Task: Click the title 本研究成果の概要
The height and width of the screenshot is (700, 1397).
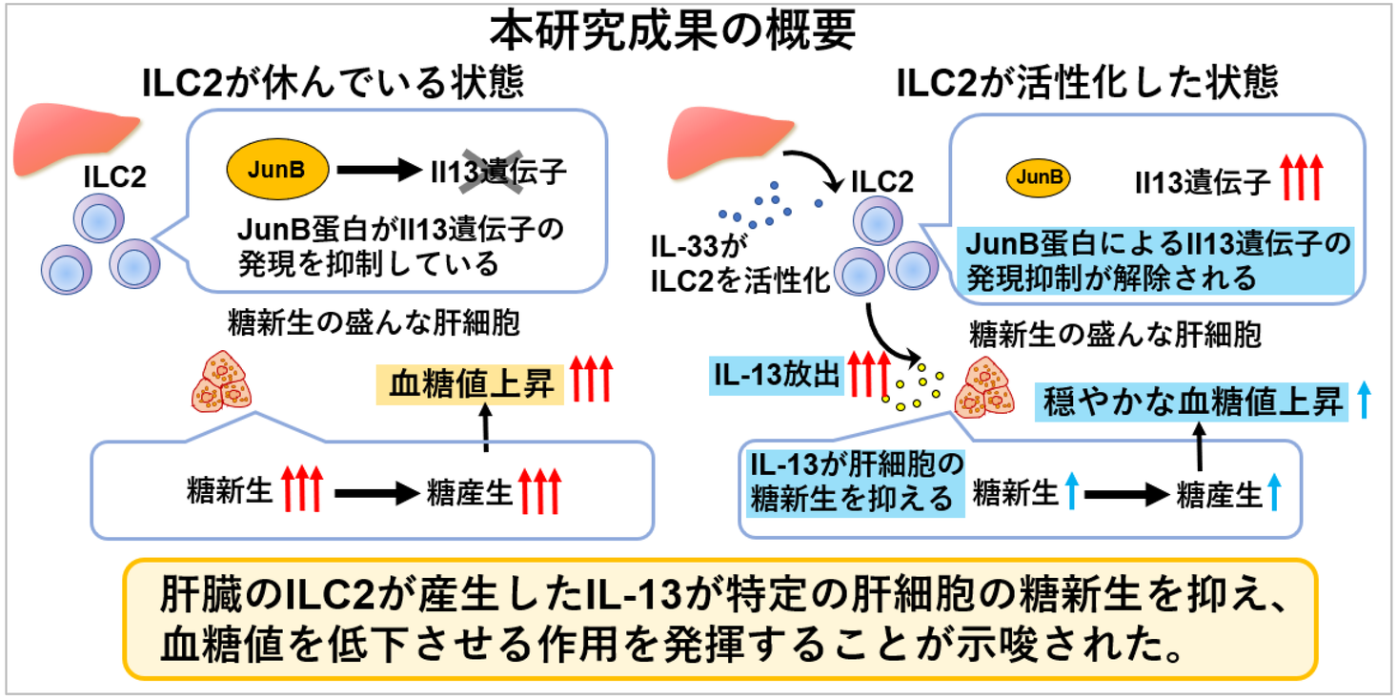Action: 673,31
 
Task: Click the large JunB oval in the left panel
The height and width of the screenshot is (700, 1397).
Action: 278,170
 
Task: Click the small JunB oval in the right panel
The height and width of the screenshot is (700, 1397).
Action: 1039,177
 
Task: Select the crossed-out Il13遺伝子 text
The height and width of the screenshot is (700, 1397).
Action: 496,172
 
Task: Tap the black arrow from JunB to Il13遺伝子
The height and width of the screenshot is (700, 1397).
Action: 377,172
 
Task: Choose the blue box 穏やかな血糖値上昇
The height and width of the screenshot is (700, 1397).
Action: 1192,401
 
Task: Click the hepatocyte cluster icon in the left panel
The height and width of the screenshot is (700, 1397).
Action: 223,381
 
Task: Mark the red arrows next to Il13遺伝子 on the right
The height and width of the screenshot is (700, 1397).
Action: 1303,177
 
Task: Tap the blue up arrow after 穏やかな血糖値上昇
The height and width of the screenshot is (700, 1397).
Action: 1363,401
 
